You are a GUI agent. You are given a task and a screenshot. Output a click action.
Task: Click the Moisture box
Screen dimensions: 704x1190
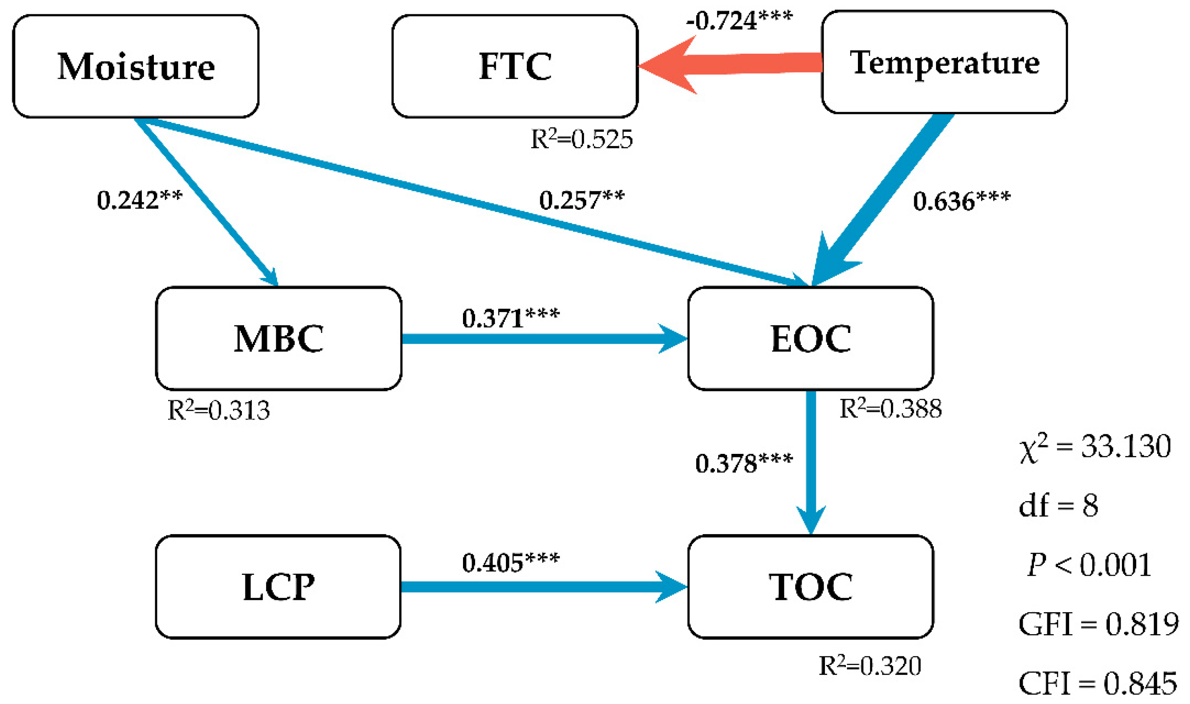[136, 66]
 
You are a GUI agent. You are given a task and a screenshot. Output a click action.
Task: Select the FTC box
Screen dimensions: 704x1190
[515, 66]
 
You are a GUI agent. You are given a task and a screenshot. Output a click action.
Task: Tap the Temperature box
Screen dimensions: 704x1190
[944, 62]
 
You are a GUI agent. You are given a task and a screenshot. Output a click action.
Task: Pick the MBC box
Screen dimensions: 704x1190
[278, 338]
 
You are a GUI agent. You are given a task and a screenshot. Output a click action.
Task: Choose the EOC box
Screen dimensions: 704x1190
[811, 338]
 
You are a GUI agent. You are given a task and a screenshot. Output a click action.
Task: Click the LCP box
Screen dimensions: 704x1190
[278, 587]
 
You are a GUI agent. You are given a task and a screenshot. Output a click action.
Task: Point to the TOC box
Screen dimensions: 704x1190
[811, 587]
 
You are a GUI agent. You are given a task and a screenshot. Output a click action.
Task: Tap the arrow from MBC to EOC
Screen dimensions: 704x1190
[541, 339]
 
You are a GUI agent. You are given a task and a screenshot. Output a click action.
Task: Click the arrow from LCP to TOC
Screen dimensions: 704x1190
[541, 587]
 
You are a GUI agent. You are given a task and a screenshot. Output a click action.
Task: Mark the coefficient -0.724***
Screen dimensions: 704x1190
[739, 21]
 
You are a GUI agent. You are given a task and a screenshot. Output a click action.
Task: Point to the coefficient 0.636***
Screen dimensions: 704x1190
[962, 201]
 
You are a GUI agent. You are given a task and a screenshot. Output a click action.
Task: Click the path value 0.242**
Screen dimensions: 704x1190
[139, 200]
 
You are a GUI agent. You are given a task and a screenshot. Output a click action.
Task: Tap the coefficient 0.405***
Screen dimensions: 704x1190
[510, 563]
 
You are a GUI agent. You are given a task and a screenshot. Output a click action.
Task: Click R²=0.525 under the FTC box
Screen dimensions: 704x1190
[581, 139]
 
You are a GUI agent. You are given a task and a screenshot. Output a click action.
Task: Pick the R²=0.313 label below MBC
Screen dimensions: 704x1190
[218, 410]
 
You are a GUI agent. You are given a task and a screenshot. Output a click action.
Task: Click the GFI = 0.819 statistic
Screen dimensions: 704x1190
[1099, 624]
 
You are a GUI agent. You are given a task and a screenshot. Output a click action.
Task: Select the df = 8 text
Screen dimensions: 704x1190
[1059, 506]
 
